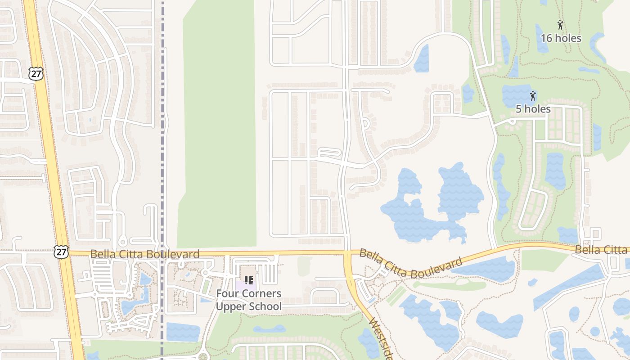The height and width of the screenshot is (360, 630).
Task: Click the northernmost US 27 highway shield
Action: click(x=36, y=73)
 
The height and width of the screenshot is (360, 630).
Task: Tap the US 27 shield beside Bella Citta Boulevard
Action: click(x=61, y=252)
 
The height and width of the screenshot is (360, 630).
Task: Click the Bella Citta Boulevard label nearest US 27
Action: click(x=144, y=254)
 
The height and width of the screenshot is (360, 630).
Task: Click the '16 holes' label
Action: click(x=561, y=38)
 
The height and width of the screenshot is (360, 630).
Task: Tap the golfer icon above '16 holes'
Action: click(x=560, y=25)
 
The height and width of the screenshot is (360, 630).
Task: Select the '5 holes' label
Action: click(x=533, y=109)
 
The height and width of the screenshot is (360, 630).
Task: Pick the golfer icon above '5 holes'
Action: click(x=533, y=95)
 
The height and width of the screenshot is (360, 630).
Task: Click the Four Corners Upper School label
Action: click(x=249, y=300)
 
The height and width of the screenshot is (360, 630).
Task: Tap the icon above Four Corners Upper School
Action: click(x=249, y=280)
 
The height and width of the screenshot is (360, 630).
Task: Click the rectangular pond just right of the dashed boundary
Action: click(x=183, y=332)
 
